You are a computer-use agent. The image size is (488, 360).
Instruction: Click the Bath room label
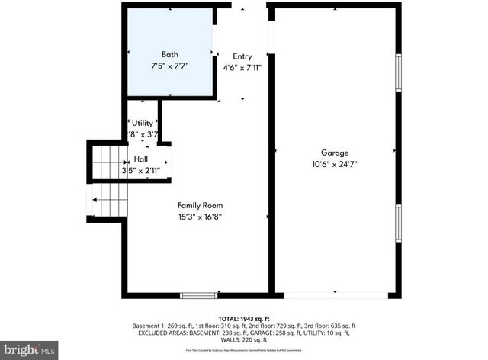coord(169,54)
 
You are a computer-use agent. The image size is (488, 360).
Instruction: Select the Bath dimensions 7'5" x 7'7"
coord(169,66)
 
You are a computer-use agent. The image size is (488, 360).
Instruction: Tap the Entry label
coord(242,56)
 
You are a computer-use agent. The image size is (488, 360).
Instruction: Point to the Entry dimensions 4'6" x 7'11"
coord(242,67)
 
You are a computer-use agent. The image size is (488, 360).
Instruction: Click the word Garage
coord(335,153)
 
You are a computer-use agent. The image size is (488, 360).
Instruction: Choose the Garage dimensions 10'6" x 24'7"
coord(335,164)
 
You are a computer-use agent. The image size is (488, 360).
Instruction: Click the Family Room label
coord(201,205)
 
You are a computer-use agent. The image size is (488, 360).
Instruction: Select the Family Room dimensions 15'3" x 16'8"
coord(201,217)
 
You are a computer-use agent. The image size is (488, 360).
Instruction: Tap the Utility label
coord(142,123)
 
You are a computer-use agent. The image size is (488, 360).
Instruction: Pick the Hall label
coord(141,159)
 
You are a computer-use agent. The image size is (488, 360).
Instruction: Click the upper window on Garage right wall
coord(397,72)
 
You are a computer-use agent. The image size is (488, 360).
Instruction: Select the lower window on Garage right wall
coord(397,223)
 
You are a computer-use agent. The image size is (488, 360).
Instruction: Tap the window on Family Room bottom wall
coord(198,295)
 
